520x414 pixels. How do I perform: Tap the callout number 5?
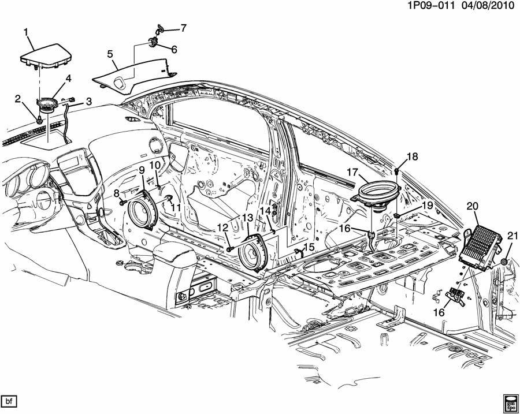[x=109, y=54]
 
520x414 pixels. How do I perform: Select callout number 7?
[x=184, y=27]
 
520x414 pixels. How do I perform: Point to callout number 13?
[x=247, y=218]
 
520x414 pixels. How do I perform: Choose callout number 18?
[x=411, y=156]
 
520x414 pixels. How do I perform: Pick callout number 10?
[x=154, y=165]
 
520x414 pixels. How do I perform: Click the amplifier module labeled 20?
[x=481, y=246]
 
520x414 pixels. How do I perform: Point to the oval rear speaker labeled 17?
[x=376, y=193]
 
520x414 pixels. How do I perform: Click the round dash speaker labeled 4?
[x=45, y=106]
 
